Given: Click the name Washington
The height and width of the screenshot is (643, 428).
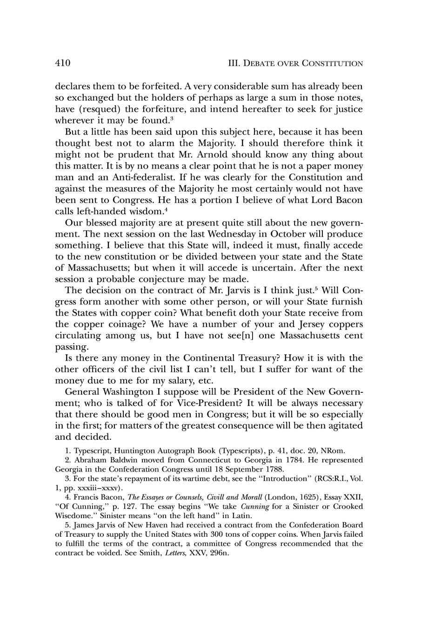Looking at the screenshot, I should (x=138, y=392).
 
